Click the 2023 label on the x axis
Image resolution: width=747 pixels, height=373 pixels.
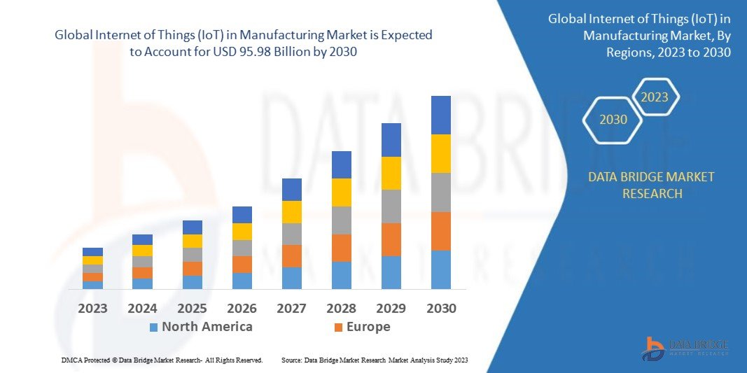point(92,308)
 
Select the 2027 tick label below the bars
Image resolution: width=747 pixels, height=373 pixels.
point(291,308)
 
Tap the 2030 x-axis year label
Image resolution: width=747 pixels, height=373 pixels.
point(441,308)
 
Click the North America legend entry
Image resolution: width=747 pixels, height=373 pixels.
point(207,327)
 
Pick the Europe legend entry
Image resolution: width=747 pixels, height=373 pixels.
point(368,327)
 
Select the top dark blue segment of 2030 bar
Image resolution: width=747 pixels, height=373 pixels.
point(440,115)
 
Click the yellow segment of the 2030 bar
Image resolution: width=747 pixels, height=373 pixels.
point(440,153)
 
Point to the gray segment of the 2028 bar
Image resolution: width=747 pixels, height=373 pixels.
point(341,220)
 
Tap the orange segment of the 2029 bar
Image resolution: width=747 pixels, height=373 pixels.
point(391,239)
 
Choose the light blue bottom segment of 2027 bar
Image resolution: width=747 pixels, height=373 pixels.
point(291,278)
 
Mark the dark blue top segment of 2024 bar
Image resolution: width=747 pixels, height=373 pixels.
point(142,239)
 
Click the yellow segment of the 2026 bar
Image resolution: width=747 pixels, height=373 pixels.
point(242,232)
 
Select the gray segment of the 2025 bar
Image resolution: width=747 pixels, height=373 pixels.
point(192,255)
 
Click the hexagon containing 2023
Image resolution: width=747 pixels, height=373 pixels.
point(655,97)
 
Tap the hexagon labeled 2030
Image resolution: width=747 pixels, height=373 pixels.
point(613,120)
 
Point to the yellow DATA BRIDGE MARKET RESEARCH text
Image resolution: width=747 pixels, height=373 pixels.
point(651,185)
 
